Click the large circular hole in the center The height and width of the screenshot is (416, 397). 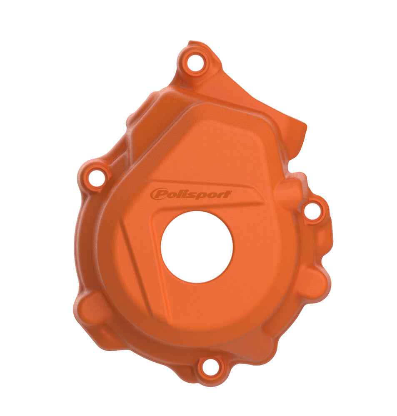point(197,247)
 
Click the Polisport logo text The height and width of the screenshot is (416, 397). point(191,194)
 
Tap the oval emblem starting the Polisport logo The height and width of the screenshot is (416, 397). point(158,194)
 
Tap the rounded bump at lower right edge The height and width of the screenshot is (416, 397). point(312,283)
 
